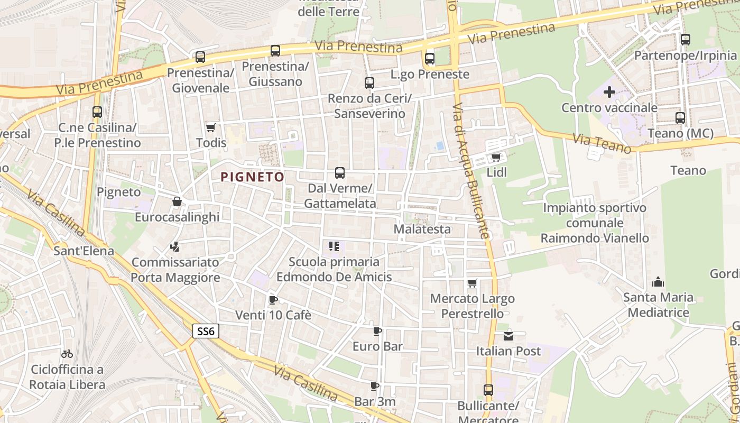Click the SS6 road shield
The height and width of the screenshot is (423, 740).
pyautogui.click(x=205, y=332)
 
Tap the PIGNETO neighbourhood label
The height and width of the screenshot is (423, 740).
pyautogui.click(x=253, y=177)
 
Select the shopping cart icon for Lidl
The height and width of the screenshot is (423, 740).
pyautogui.click(x=496, y=157)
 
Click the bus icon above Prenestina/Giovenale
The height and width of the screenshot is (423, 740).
pyautogui.click(x=200, y=57)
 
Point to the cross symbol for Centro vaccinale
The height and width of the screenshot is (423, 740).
pyautogui.click(x=609, y=92)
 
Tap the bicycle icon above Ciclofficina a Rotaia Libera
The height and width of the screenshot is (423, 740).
pyautogui.click(x=67, y=354)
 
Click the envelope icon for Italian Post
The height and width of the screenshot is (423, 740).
pyautogui.click(x=508, y=336)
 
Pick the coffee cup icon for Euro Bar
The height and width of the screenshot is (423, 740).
pyautogui.click(x=377, y=332)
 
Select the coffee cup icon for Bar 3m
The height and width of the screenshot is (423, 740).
pyautogui.click(x=375, y=386)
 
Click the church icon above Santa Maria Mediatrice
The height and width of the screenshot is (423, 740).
pyautogui.click(x=658, y=282)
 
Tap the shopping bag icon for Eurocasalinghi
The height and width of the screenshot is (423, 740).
pyautogui.click(x=177, y=201)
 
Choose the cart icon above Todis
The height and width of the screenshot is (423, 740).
pyautogui.click(x=211, y=127)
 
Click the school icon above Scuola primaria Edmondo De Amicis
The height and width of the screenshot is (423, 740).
pyautogui.click(x=334, y=246)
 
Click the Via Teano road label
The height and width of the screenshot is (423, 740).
pyautogui.click(x=602, y=143)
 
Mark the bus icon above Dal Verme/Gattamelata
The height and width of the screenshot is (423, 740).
pyautogui.click(x=340, y=173)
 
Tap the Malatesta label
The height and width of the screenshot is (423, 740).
pyautogui.click(x=422, y=229)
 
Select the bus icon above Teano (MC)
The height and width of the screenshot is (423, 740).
pyautogui.click(x=680, y=118)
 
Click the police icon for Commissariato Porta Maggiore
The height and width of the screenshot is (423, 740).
pyautogui.click(x=175, y=246)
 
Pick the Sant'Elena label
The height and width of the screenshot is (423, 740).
pyautogui.click(x=84, y=251)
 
